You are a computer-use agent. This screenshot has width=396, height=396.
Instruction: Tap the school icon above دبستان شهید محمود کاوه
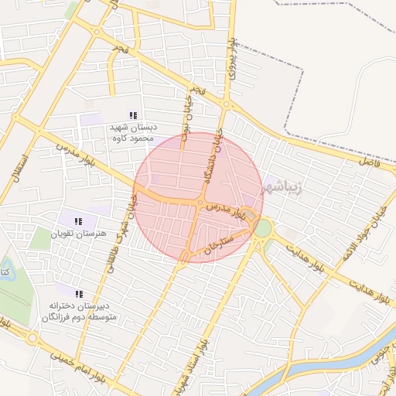pos(134,115)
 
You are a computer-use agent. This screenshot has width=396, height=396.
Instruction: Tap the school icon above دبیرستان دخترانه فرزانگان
pos(79,293)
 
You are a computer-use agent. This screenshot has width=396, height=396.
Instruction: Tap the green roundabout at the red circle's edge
pos(264,229)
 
